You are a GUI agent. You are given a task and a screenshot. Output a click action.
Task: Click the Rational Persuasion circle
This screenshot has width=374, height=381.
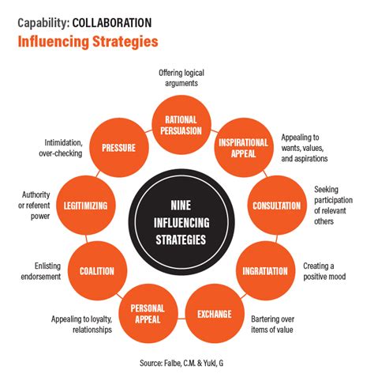tap(181, 125)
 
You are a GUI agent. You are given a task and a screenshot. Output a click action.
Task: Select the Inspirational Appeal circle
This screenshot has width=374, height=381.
tap(244, 148)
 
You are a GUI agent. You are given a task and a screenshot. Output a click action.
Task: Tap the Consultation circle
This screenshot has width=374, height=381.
tap(277, 206)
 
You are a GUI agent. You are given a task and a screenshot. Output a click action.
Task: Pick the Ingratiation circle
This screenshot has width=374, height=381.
tap(265, 270)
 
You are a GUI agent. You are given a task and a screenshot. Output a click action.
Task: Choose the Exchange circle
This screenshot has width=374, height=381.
tap(215, 314)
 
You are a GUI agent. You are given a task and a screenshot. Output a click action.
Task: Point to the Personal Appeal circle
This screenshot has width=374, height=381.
tap(148, 314)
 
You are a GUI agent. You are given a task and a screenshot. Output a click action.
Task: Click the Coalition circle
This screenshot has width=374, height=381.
tap(97, 270)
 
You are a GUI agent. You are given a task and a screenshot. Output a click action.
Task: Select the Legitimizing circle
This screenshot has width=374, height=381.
tap(86, 206)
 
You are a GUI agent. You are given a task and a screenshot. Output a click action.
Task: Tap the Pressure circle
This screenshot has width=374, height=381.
tap(119, 148)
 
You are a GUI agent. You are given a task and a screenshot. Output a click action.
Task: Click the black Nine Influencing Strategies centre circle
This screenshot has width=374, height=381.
tap(181, 222)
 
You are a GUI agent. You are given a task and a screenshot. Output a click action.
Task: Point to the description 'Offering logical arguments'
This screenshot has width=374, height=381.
tap(181, 78)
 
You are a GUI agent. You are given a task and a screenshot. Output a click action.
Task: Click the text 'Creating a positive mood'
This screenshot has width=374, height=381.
tap(324, 271)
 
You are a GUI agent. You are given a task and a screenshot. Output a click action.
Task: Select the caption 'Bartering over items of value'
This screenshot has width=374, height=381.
tap(272, 324)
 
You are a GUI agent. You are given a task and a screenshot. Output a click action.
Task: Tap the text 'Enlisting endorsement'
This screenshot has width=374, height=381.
tap(41, 271)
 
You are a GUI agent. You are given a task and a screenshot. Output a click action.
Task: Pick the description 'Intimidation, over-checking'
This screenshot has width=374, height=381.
tap(61, 148)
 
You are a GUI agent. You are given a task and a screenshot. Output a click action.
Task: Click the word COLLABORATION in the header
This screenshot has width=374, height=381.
tap(112, 23)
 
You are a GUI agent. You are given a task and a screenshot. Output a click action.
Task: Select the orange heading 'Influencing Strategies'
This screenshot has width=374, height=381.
tap(88, 42)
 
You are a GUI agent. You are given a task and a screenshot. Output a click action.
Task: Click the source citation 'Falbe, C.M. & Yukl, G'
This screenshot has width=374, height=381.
tap(194, 363)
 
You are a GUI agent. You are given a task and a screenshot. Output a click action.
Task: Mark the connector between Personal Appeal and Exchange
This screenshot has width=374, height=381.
tap(181, 319)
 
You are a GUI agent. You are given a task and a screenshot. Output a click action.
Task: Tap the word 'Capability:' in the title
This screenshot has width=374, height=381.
tap(43, 23)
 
